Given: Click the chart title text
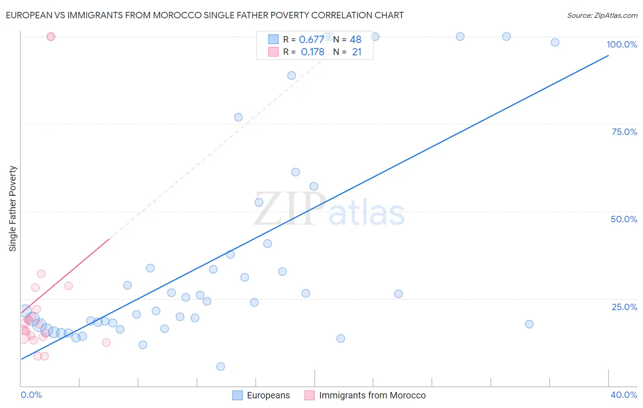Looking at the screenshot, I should point(204,15).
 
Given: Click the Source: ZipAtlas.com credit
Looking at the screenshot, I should point(602,15).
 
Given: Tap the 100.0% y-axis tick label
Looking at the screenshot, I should point(622,44).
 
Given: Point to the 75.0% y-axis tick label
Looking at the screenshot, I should point(624,132).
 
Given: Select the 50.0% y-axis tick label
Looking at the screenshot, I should point(624,219).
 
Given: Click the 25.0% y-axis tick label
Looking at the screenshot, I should point(624,306).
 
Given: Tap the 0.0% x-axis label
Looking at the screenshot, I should point(31,395).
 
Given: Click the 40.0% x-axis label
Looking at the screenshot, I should point(623,395).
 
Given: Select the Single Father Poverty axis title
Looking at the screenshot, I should point(13,209).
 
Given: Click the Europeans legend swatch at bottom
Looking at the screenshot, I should point(237,395).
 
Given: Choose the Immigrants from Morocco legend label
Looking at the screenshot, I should point(372,395).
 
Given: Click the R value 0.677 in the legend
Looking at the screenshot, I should point(311,40).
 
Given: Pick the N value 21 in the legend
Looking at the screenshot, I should point(357,52).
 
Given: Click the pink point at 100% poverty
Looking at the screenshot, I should point(51,37).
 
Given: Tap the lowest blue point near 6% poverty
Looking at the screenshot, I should point(220,366).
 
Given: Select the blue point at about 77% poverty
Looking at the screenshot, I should point(238,117).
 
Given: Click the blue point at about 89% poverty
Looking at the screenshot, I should point(291,75).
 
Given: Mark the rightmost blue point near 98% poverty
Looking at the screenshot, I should point(555,42).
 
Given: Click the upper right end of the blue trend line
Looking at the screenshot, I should point(608,56).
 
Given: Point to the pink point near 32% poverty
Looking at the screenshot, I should point(41,274).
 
